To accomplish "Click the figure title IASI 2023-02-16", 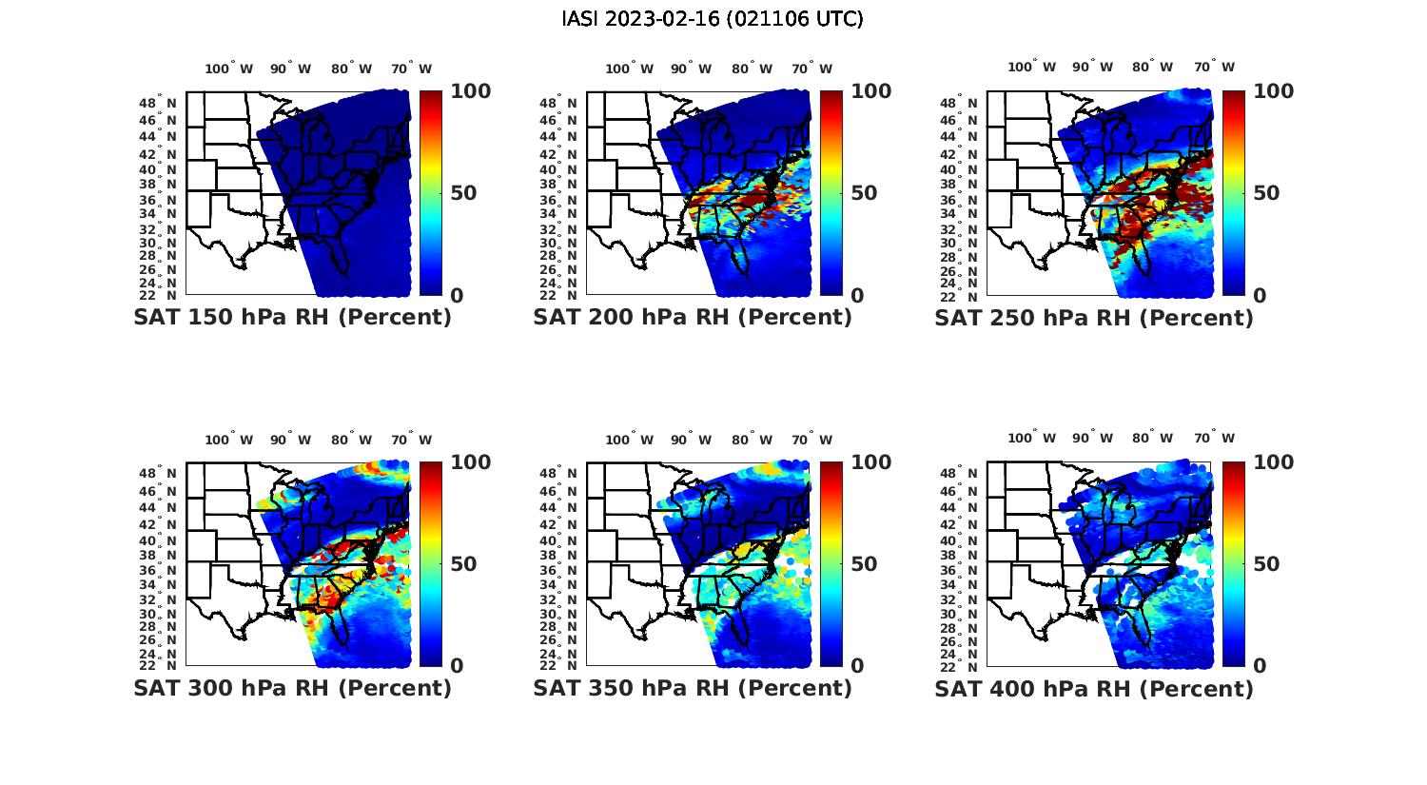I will tap(713, 19).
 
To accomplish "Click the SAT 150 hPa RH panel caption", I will tap(292, 317).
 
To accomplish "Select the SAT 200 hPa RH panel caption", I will tap(693, 317).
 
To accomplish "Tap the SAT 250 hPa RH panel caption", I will tap(1094, 317).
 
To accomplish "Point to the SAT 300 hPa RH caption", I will tap(292, 688).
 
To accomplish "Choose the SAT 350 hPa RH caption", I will tap(693, 688).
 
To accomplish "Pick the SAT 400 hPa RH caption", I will tap(1094, 688).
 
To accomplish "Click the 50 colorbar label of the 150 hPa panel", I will tap(464, 193).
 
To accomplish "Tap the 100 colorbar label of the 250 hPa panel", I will tap(1274, 91).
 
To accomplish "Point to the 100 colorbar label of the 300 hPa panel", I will tap(470, 462).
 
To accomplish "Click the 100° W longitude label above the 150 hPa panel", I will tap(229, 69).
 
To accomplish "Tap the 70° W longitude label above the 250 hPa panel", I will tap(1214, 67).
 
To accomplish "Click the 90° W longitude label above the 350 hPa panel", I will tap(691, 440).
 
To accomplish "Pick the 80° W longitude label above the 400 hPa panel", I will tap(1152, 438).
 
